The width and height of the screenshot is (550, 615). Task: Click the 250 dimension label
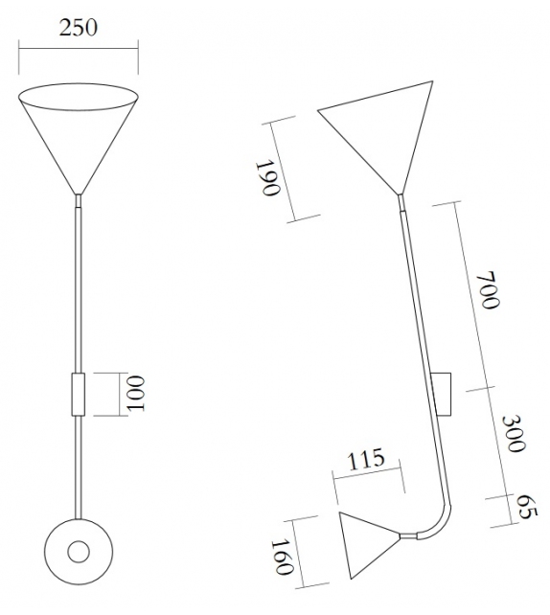pos(78,26)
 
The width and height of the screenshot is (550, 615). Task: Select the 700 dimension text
pos(489,290)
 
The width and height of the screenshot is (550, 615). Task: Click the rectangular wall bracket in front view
pos(79,394)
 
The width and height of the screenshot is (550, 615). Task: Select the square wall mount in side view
pos(443,393)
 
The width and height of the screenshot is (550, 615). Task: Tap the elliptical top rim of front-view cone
pos(79,97)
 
